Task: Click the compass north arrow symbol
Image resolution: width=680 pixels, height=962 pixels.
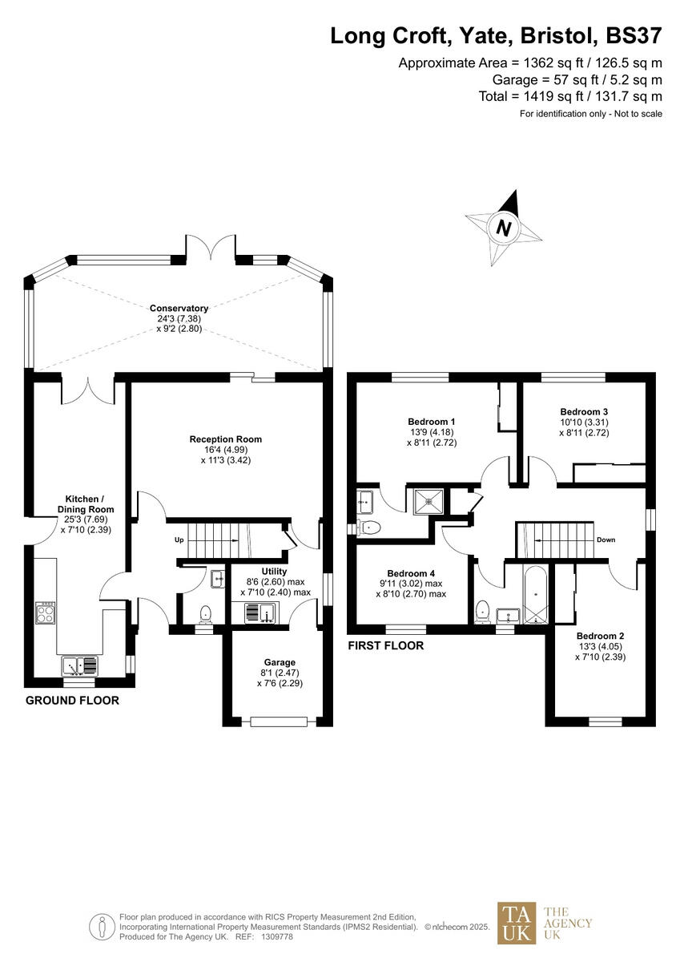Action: tap(504, 227)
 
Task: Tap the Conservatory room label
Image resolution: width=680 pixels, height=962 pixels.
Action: tap(178, 308)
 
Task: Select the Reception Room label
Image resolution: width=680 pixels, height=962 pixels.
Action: tap(225, 439)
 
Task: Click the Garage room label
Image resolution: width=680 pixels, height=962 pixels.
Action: tap(276, 662)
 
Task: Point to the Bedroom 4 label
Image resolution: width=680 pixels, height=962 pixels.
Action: tap(410, 573)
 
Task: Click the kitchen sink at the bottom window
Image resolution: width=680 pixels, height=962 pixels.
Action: tap(80, 665)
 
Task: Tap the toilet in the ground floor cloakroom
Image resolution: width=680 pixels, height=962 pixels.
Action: tap(205, 613)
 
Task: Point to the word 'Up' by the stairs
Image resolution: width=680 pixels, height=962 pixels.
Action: tap(179, 540)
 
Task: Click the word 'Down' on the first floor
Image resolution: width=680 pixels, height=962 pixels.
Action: tap(606, 540)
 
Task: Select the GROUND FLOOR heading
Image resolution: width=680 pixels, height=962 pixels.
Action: tap(72, 701)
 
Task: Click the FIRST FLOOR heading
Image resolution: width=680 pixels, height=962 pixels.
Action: tap(385, 645)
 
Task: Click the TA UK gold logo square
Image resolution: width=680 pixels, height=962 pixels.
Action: tap(517, 923)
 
